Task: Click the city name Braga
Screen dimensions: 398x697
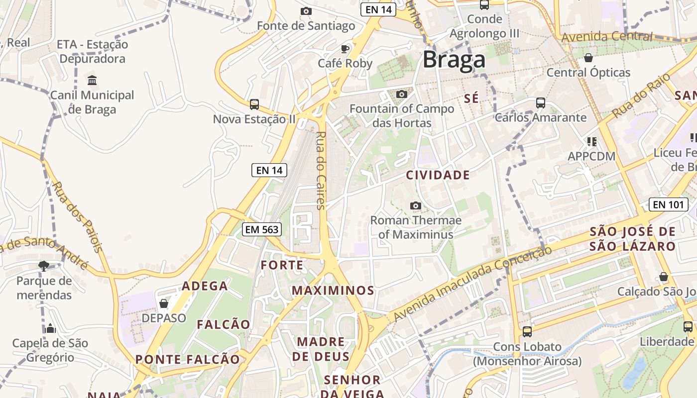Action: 454,60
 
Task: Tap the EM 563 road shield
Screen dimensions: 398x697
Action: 262,229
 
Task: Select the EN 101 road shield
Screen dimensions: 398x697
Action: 668,204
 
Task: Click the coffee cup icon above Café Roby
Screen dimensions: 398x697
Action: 345,48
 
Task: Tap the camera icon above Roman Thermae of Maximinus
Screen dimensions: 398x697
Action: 415,205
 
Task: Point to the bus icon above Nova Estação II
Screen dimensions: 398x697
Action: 254,104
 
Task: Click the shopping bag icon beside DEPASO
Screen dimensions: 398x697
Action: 163,303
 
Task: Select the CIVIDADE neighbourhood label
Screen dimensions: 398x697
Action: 438,175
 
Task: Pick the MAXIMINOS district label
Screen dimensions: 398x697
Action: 333,290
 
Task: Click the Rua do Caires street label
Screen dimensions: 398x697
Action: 321,170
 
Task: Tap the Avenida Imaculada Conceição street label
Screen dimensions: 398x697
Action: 472,284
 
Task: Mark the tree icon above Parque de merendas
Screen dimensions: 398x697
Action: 44,266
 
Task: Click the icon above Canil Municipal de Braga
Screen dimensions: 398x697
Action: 92,80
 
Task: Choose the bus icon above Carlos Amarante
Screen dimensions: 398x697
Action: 540,103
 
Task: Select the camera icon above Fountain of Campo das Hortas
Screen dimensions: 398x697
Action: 401,94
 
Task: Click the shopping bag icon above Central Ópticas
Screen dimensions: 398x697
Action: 588,58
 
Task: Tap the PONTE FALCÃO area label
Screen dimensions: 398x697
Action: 188,359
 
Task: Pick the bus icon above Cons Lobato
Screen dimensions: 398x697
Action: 527,331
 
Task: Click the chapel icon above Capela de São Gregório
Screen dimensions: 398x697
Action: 50,328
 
